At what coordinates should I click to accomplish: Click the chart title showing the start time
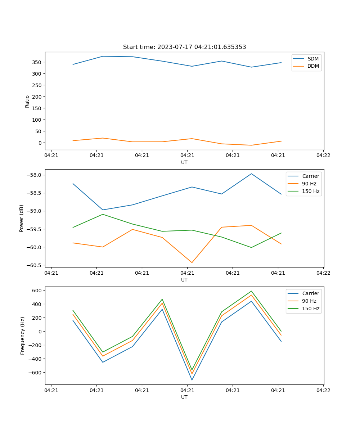(x=184, y=47)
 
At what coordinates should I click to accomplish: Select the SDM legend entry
(x=313, y=59)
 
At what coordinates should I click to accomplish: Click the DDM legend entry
(x=313, y=66)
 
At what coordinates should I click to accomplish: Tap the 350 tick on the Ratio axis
(x=37, y=62)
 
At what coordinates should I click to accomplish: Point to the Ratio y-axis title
(x=27, y=101)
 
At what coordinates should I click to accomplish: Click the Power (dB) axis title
(x=22, y=218)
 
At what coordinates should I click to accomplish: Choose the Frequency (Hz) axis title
(x=23, y=336)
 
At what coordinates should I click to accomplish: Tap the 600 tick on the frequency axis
(x=38, y=290)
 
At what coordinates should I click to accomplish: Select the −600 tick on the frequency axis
(x=36, y=373)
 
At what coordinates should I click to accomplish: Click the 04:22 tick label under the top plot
(x=323, y=156)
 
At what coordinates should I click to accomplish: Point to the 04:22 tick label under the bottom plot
(x=323, y=390)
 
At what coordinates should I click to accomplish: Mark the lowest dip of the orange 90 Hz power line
(x=192, y=262)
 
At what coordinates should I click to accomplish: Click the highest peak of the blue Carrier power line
(x=251, y=174)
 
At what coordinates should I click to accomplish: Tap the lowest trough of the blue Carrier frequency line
(x=192, y=380)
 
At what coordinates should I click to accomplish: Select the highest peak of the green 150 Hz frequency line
(x=251, y=291)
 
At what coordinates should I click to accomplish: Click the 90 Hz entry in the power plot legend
(x=309, y=184)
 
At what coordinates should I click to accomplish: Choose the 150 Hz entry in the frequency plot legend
(x=311, y=309)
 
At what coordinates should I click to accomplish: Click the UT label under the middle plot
(x=184, y=280)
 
